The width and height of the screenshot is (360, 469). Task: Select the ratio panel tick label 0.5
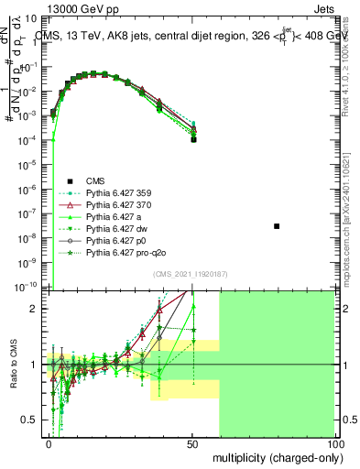click(x=33, y=420)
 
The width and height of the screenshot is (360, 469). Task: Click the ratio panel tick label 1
click(x=37, y=365)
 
